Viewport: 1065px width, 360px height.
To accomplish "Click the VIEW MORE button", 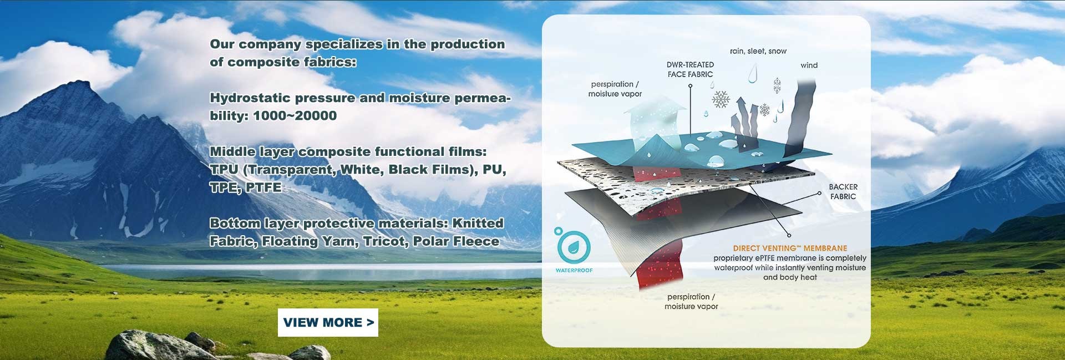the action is pyautogui.click(x=328, y=322).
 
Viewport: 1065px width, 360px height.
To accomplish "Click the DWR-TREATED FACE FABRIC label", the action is pyautogui.click(x=690, y=69).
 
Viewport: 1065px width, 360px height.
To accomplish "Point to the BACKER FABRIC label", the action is pyautogui.click(x=843, y=191).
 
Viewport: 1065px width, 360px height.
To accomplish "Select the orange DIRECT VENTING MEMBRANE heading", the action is pyautogui.click(x=790, y=249).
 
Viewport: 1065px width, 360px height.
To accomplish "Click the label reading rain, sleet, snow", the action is pyautogui.click(x=758, y=51).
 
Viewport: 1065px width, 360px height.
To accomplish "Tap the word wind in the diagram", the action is pyautogui.click(x=809, y=65).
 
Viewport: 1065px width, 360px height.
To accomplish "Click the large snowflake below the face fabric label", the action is pyautogui.click(x=721, y=100).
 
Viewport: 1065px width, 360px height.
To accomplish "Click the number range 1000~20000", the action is pyautogui.click(x=295, y=116).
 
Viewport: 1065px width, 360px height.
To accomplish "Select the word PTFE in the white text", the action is pyautogui.click(x=263, y=187).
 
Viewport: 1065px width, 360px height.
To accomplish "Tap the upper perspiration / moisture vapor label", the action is pyautogui.click(x=615, y=89).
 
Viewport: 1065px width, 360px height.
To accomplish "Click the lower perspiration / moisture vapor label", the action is pyautogui.click(x=691, y=301).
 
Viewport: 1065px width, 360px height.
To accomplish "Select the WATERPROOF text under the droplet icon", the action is pyautogui.click(x=574, y=271).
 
